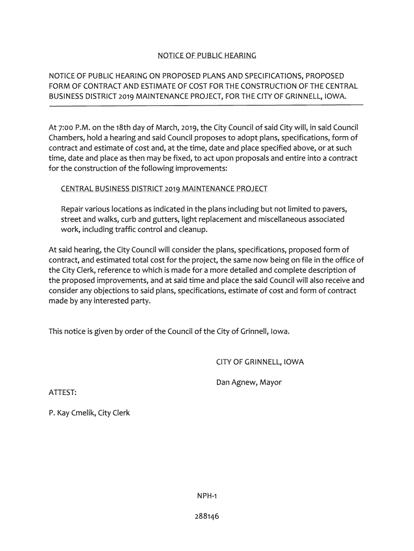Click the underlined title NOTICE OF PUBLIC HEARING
206,55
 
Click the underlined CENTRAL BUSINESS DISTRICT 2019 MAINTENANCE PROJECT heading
164,189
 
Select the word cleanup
191,230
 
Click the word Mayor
270,383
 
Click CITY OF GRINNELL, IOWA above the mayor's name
260,362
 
